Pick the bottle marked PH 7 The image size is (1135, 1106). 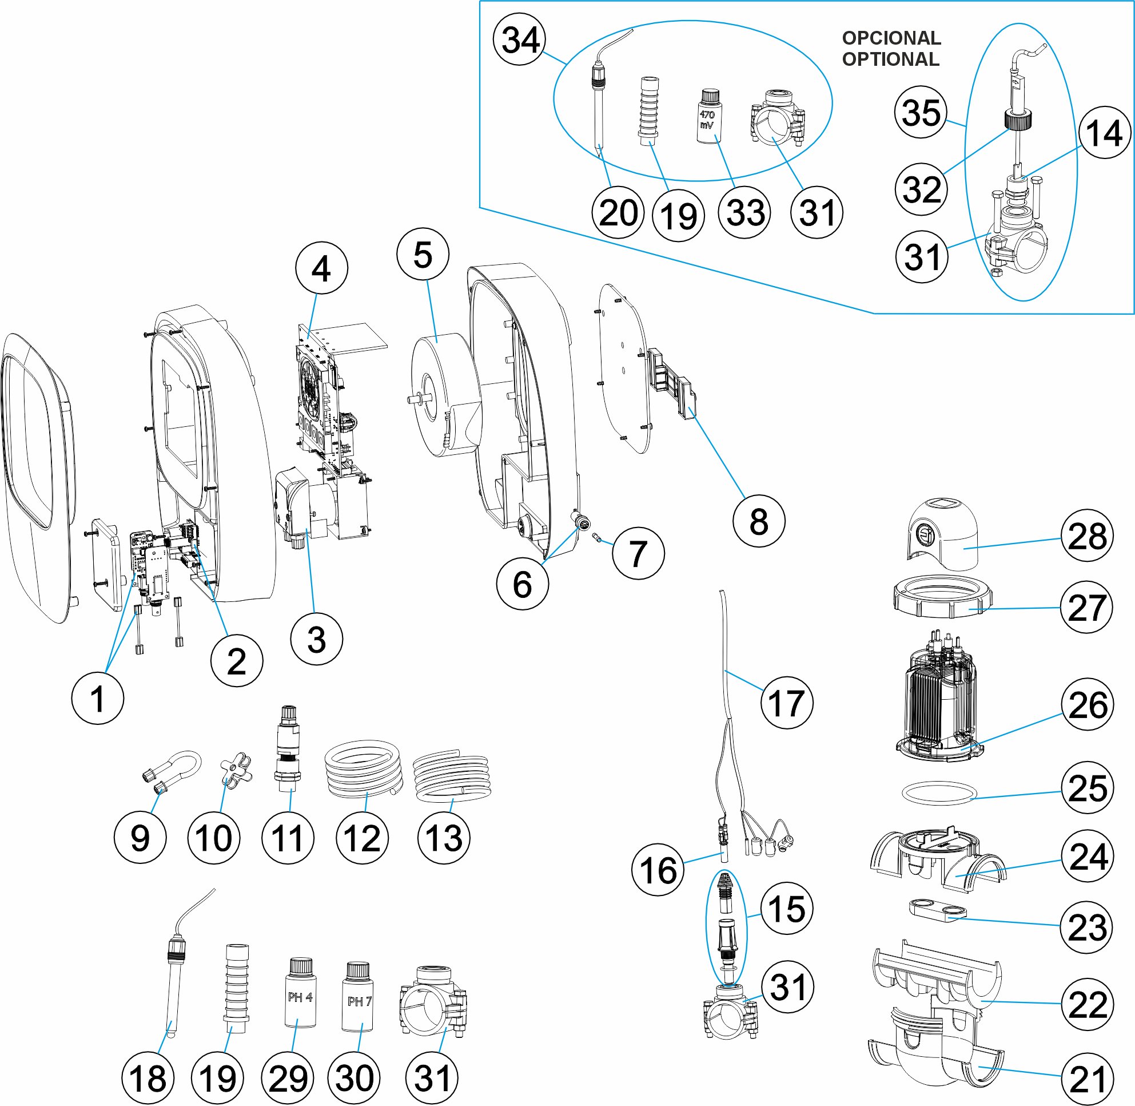pos(359,998)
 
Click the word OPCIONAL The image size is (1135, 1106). pos(891,38)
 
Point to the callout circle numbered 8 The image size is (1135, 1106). pos(759,521)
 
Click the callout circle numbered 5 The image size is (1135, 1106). pos(423,255)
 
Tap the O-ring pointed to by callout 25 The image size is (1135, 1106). pos(939,794)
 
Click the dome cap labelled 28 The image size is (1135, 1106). pos(943,534)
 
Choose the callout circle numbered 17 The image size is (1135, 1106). pos(787,702)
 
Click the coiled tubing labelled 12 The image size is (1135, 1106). pos(361,769)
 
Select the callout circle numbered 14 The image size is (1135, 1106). pos(1104,132)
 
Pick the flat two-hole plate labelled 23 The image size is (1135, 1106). pos(938,911)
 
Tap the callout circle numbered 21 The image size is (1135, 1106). pos(1087,1079)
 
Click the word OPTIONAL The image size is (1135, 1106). pos(891,60)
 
